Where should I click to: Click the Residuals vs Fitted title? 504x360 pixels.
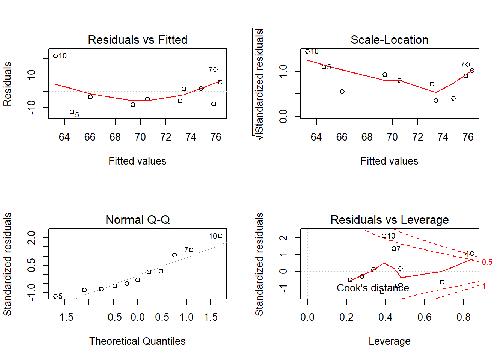(x=137, y=40)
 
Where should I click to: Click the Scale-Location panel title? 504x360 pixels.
(x=389, y=40)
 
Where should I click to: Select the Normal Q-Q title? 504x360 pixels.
(x=137, y=220)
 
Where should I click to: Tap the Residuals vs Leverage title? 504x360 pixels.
(x=389, y=220)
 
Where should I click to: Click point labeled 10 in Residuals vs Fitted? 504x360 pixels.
(x=55, y=56)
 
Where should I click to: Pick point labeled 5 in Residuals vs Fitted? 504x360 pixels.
(x=72, y=112)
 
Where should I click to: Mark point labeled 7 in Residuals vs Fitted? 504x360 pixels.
(x=216, y=69)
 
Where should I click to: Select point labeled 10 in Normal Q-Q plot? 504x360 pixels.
(x=220, y=236)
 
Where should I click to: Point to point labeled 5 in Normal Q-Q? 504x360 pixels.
(x=55, y=296)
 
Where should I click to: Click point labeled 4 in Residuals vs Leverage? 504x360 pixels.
(x=472, y=253)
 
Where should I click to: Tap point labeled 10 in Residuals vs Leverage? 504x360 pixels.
(x=384, y=236)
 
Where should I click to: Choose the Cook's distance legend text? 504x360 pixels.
(x=373, y=288)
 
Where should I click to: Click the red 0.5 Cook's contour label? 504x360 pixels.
(x=487, y=262)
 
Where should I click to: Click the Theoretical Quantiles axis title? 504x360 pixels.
(x=137, y=341)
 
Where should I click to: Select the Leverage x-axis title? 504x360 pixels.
(x=389, y=341)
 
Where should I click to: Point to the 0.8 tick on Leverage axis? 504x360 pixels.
(x=463, y=317)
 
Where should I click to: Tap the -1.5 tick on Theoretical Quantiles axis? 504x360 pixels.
(x=64, y=317)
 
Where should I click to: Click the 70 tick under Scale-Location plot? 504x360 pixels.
(x=392, y=137)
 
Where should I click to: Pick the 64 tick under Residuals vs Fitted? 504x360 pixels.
(x=64, y=137)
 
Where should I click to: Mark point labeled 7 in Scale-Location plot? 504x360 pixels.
(x=468, y=64)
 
